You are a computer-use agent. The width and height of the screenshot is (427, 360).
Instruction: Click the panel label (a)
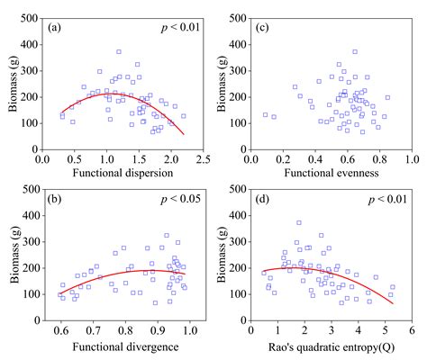pyautogui.click(x=54, y=27)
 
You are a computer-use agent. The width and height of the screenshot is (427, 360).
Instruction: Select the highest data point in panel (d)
pyautogui.click(x=299, y=222)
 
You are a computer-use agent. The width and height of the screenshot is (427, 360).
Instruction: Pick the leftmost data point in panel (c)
pyautogui.click(x=265, y=114)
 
